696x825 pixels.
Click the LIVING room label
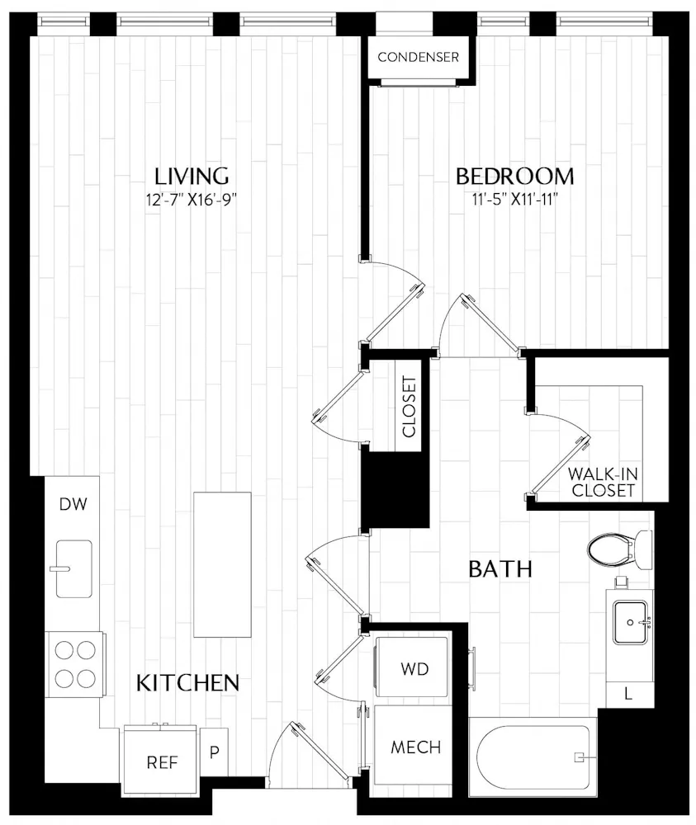pyautogui.click(x=192, y=177)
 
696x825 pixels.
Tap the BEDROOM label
pyautogui.click(x=515, y=177)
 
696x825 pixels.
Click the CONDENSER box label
pyautogui.click(x=418, y=58)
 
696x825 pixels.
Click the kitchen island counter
pyautogui.click(x=222, y=564)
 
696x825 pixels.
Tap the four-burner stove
pyautogui.click(x=73, y=665)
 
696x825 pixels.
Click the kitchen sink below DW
pyautogui.click(x=73, y=568)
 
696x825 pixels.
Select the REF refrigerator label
pyautogui.click(x=162, y=762)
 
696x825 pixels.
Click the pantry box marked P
pyautogui.click(x=214, y=753)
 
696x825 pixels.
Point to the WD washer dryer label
pyautogui.click(x=414, y=669)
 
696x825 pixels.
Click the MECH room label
pyautogui.click(x=415, y=747)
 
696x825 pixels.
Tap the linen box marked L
pyautogui.click(x=628, y=695)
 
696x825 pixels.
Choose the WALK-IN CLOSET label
pyautogui.click(x=603, y=483)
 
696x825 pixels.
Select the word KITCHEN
pyautogui.click(x=187, y=683)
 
